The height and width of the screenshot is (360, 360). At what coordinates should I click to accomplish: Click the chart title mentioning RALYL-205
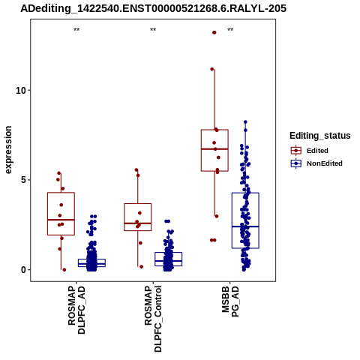pos(153,8)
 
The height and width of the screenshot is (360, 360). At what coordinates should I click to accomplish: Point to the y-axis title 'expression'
pos(8,150)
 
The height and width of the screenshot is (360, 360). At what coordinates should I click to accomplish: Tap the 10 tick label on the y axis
pos(20,90)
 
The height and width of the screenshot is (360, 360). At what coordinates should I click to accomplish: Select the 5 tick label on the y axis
pos(23,180)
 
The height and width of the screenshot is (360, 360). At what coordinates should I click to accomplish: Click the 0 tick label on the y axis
pos(23,270)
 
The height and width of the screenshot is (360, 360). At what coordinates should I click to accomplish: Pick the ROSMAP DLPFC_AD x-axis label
pos(76,310)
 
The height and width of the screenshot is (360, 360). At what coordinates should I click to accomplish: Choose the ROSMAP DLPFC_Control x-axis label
pos(153,319)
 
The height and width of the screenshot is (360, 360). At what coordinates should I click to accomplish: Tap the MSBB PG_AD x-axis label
pos(230,301)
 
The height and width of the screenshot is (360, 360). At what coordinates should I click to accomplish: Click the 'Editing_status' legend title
pos(320,136)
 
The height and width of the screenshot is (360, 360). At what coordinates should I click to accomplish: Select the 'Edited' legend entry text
pos(317,151)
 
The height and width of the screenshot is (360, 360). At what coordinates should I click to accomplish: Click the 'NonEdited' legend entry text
pos(325,163)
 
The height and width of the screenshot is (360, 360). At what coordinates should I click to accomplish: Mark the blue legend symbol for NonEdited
pos(296,163)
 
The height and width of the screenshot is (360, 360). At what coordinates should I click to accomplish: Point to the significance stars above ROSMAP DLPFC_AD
pos(76,30)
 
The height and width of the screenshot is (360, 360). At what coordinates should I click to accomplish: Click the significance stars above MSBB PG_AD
pos(230,30)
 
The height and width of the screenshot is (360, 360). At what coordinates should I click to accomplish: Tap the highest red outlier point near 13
pos(214,32)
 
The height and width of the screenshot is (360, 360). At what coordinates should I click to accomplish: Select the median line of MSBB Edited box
pos(214,149)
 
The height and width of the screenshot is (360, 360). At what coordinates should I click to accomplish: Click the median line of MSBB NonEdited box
pos(245,226)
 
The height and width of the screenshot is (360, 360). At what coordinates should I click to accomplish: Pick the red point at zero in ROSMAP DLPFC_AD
pos(64,270)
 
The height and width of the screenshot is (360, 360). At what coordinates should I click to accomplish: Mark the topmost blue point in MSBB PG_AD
pos(245,122)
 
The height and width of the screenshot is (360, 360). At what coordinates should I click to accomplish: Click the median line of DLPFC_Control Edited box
pos(138,223)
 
